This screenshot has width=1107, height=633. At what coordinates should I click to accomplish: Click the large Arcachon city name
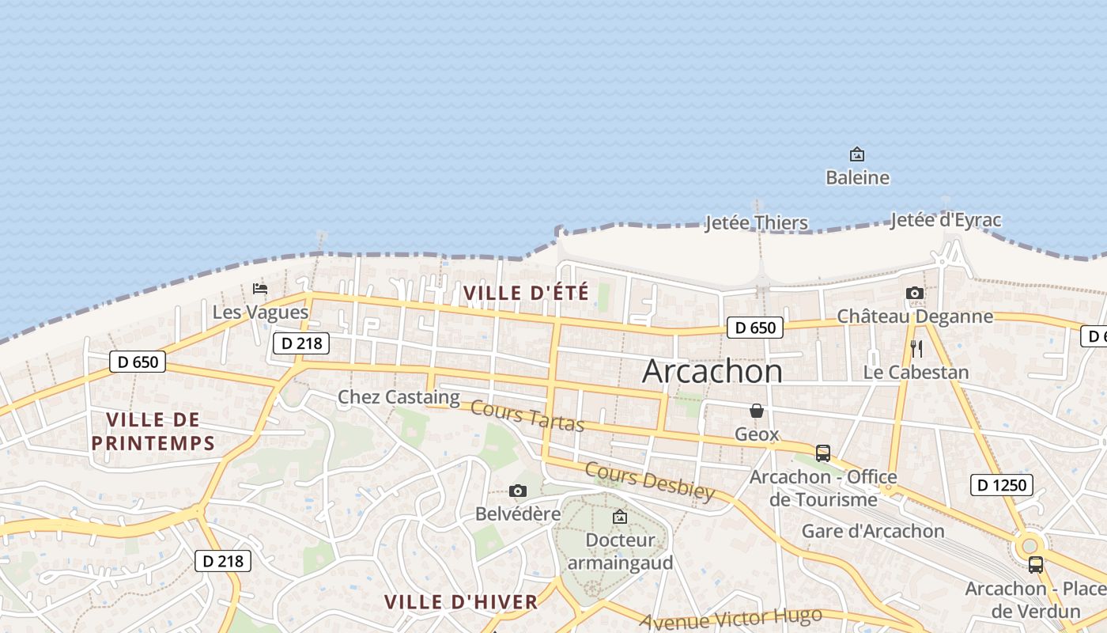712,371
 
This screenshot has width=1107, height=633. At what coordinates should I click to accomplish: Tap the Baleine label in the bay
857,178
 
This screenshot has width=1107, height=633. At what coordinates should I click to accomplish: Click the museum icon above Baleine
856,154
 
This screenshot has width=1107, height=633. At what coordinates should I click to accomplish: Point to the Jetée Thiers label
756,223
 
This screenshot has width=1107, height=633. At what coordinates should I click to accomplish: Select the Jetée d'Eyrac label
945,220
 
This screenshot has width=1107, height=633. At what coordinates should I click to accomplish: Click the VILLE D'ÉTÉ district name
526,293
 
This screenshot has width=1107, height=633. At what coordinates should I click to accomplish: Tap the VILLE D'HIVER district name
461,602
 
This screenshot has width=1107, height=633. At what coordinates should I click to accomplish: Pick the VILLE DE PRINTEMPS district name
153,431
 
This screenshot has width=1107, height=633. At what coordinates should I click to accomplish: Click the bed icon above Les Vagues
259,289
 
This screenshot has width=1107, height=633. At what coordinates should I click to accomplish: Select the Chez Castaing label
399,397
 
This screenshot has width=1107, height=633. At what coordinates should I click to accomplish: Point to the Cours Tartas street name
527,417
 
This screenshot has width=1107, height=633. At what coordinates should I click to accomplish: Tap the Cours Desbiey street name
649,481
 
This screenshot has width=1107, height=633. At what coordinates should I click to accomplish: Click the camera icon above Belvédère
518,491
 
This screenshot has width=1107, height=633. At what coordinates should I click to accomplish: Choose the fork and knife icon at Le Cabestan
916,348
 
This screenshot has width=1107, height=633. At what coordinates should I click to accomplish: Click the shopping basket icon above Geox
757,411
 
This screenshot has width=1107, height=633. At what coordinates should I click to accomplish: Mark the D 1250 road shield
1001,485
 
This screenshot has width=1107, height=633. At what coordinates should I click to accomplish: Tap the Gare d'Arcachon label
873,531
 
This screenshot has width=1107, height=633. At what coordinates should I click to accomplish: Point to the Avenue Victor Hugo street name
731,619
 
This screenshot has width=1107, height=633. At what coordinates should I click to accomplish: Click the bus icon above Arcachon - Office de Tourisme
823,453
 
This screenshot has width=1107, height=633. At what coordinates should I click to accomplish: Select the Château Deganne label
915,316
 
